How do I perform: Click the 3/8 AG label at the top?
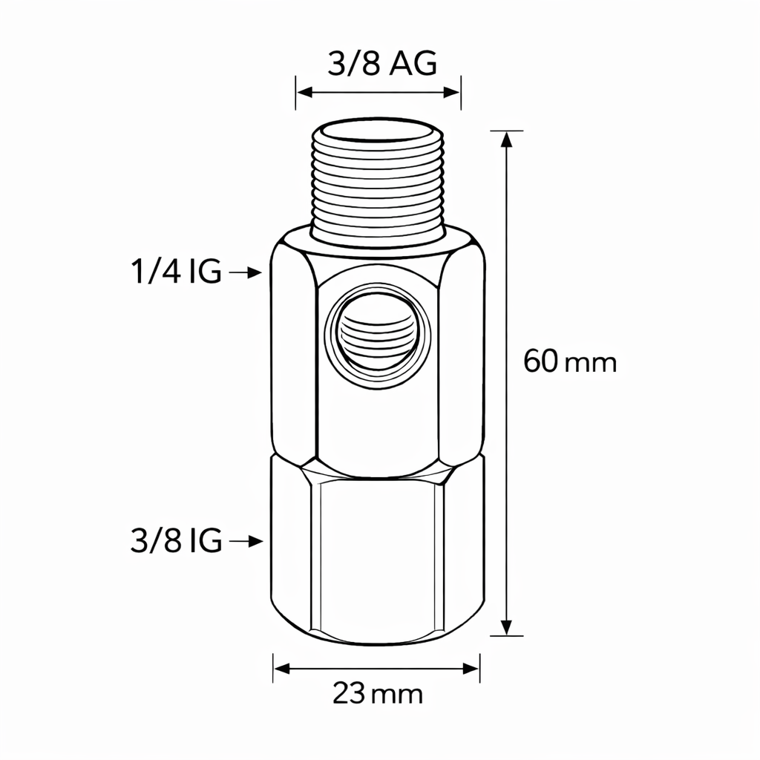tap(381, 65)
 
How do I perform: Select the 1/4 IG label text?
tap(176, 273)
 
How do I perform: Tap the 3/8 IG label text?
tap(176, 542)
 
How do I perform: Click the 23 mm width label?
tap(378, 695)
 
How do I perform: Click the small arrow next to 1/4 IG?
tap(246, 273)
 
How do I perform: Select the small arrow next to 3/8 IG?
tap(246, 542)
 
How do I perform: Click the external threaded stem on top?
tap(377, 186)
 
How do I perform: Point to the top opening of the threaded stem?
tap(377, 137)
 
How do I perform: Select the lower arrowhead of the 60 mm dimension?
tap(507, 627)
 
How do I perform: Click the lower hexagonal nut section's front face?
tap(376, 557)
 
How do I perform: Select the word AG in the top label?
tap(413, 65)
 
